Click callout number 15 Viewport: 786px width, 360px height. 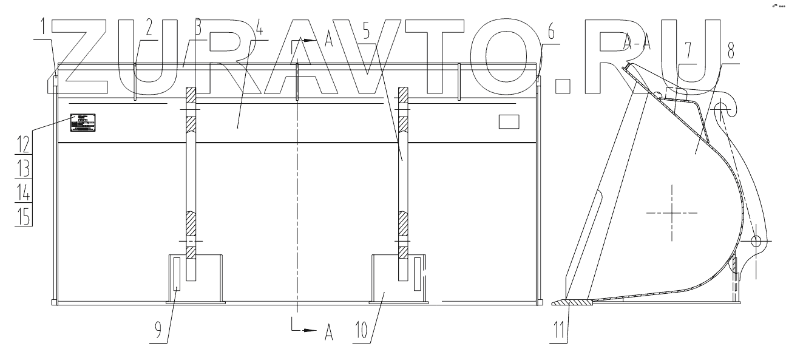point(22,217)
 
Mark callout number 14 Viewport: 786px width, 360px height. point(22,192)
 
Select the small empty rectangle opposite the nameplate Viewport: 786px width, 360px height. point(509,122)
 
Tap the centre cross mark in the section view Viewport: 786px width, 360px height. point(672,212)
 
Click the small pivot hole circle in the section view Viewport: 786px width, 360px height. point(756,242)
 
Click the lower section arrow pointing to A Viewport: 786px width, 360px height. point(311,331)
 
